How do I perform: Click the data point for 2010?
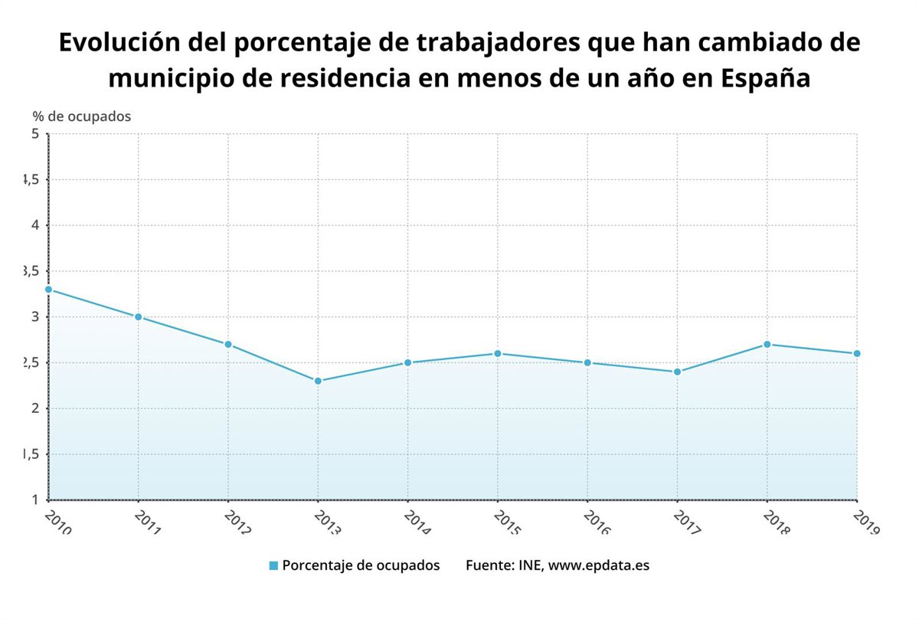coord(48,290)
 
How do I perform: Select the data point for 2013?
coord(318,381)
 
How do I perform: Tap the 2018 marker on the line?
coord(767,344)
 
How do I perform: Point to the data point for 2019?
coord(857,353)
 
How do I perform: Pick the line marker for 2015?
coord(498,353)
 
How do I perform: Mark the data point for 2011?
coord(138,316)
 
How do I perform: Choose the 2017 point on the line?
coord(678,372)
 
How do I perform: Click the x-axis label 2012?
coord(237,522)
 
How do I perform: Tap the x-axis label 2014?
coord(417,522)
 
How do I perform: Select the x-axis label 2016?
coord(597,522)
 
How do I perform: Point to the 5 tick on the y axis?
coord(34,134)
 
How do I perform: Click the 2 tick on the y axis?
coord(34,408)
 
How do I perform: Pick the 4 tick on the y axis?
coord(34,225)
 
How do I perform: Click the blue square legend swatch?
coord(273,565)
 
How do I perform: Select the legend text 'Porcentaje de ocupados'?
coord(361,565)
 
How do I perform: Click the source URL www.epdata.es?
coord(599,565)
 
